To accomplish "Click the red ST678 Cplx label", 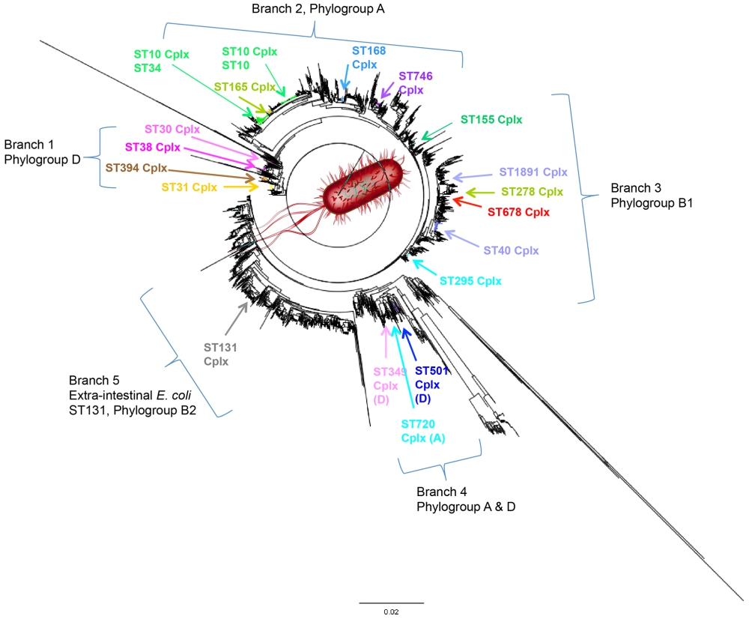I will tap(518, 212).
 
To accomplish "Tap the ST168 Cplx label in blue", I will tap(369, 57).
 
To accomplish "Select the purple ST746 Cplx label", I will tap(415, 82).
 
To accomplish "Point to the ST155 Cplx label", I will tap(491, 119).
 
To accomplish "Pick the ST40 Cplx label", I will tap(510, 250).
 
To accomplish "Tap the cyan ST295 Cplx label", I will tap(470, 281).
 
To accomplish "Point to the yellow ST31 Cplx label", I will tap(189, 187).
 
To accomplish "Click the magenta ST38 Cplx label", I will tap(153, 147).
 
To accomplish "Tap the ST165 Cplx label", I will tap(244, 87).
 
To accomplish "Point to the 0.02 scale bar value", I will tap(390, 612).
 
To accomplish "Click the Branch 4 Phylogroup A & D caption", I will tap(465, 500).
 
